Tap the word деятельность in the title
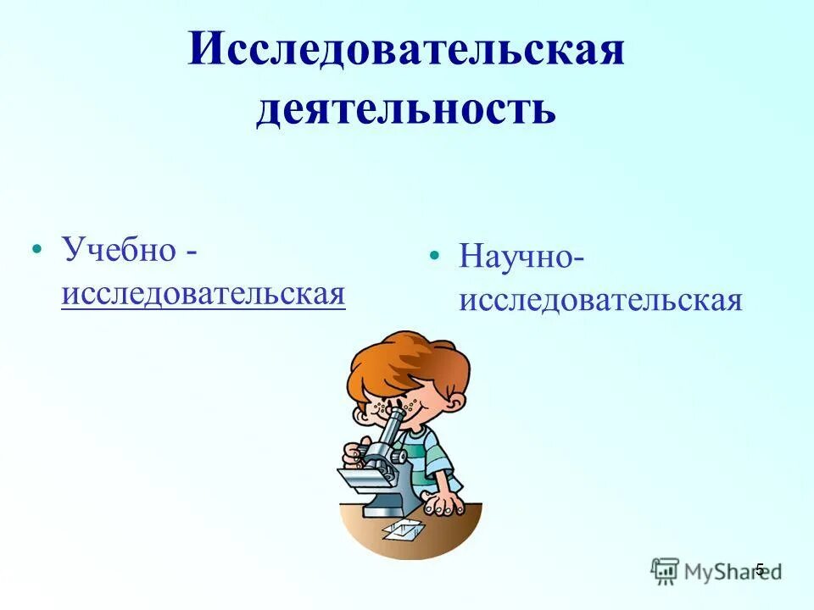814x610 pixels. point(406,111)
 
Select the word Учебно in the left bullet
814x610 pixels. point(119,251)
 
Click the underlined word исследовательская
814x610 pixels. point(203,293)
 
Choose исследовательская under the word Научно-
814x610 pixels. point(600,300)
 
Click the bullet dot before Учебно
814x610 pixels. point(36,251)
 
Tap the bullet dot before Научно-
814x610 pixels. point(434,256)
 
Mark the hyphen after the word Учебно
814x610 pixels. point(194,252)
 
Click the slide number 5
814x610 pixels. point(760,568)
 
